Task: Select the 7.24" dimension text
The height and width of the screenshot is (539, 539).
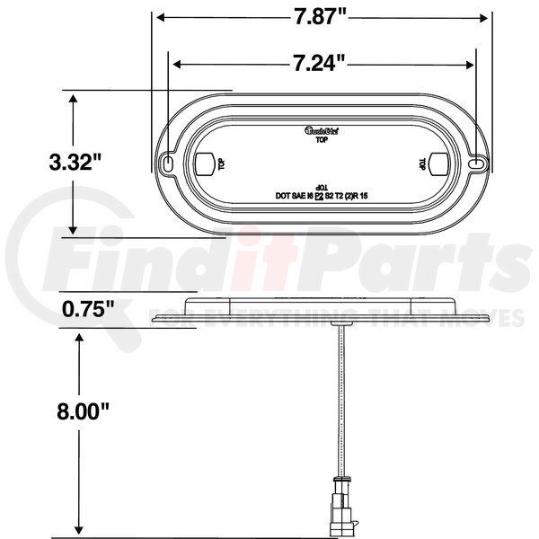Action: coord(322,65)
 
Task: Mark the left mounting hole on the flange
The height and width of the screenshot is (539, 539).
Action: coord(170,163)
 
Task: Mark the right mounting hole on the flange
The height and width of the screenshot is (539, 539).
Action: coord(476,163)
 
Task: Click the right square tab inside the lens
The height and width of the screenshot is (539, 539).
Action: coord(440,164)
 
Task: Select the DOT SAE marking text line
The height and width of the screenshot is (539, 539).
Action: coord(323,194)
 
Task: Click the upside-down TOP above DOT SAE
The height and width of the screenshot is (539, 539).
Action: coord(323,183)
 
